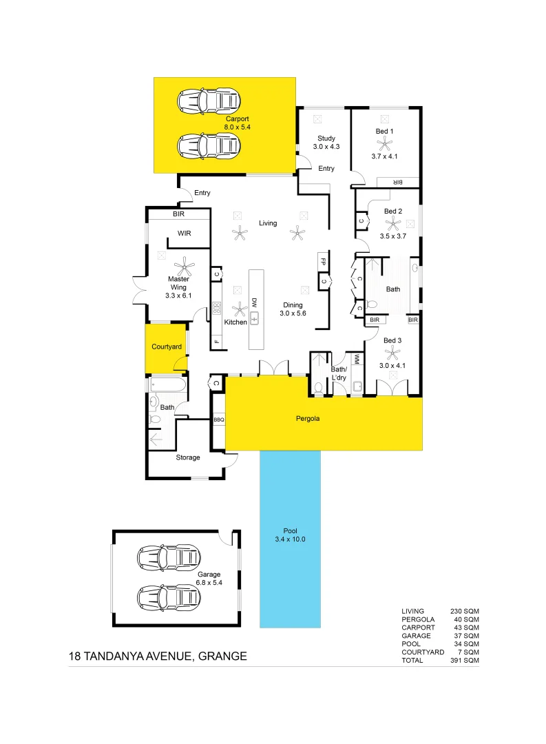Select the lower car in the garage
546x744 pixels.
(169, 597)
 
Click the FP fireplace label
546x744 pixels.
(322, 261)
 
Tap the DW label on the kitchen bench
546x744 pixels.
(254, 302)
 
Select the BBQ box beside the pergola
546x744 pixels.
(219, 419)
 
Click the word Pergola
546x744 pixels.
(308, 418)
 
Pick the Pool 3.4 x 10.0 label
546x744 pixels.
(290, 535)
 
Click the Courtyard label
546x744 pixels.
(167, 347)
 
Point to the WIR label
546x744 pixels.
(184, 234)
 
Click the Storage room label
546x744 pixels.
(187, 457)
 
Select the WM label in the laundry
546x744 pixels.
(357, 359)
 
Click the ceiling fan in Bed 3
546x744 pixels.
(392, 354)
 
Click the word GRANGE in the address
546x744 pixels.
(222, 657)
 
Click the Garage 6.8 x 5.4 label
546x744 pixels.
(209, 579)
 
